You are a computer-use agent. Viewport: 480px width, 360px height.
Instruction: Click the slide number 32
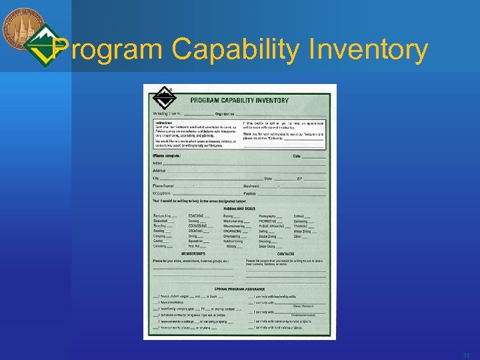coord(465,353)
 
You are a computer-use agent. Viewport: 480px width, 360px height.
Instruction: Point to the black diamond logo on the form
coord(163,99)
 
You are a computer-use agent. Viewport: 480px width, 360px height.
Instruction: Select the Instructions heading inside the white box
coord(164,123)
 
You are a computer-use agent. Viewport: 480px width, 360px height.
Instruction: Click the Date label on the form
coord(297,156)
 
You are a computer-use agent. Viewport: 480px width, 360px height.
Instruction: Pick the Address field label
coord(159,171)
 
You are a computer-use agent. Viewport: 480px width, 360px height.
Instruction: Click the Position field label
coord(250,193)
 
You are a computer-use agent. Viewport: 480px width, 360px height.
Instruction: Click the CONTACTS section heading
coord(285,253)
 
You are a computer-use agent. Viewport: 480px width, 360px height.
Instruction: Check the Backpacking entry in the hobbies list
coord(161,216)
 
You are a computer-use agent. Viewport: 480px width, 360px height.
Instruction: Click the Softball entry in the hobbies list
coord(300,216)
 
